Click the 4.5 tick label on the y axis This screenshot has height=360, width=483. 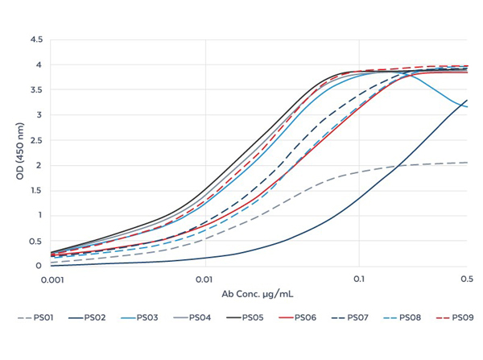[36, 39]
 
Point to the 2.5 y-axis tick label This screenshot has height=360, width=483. [36, 140]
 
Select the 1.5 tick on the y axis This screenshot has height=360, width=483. [36, 190]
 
